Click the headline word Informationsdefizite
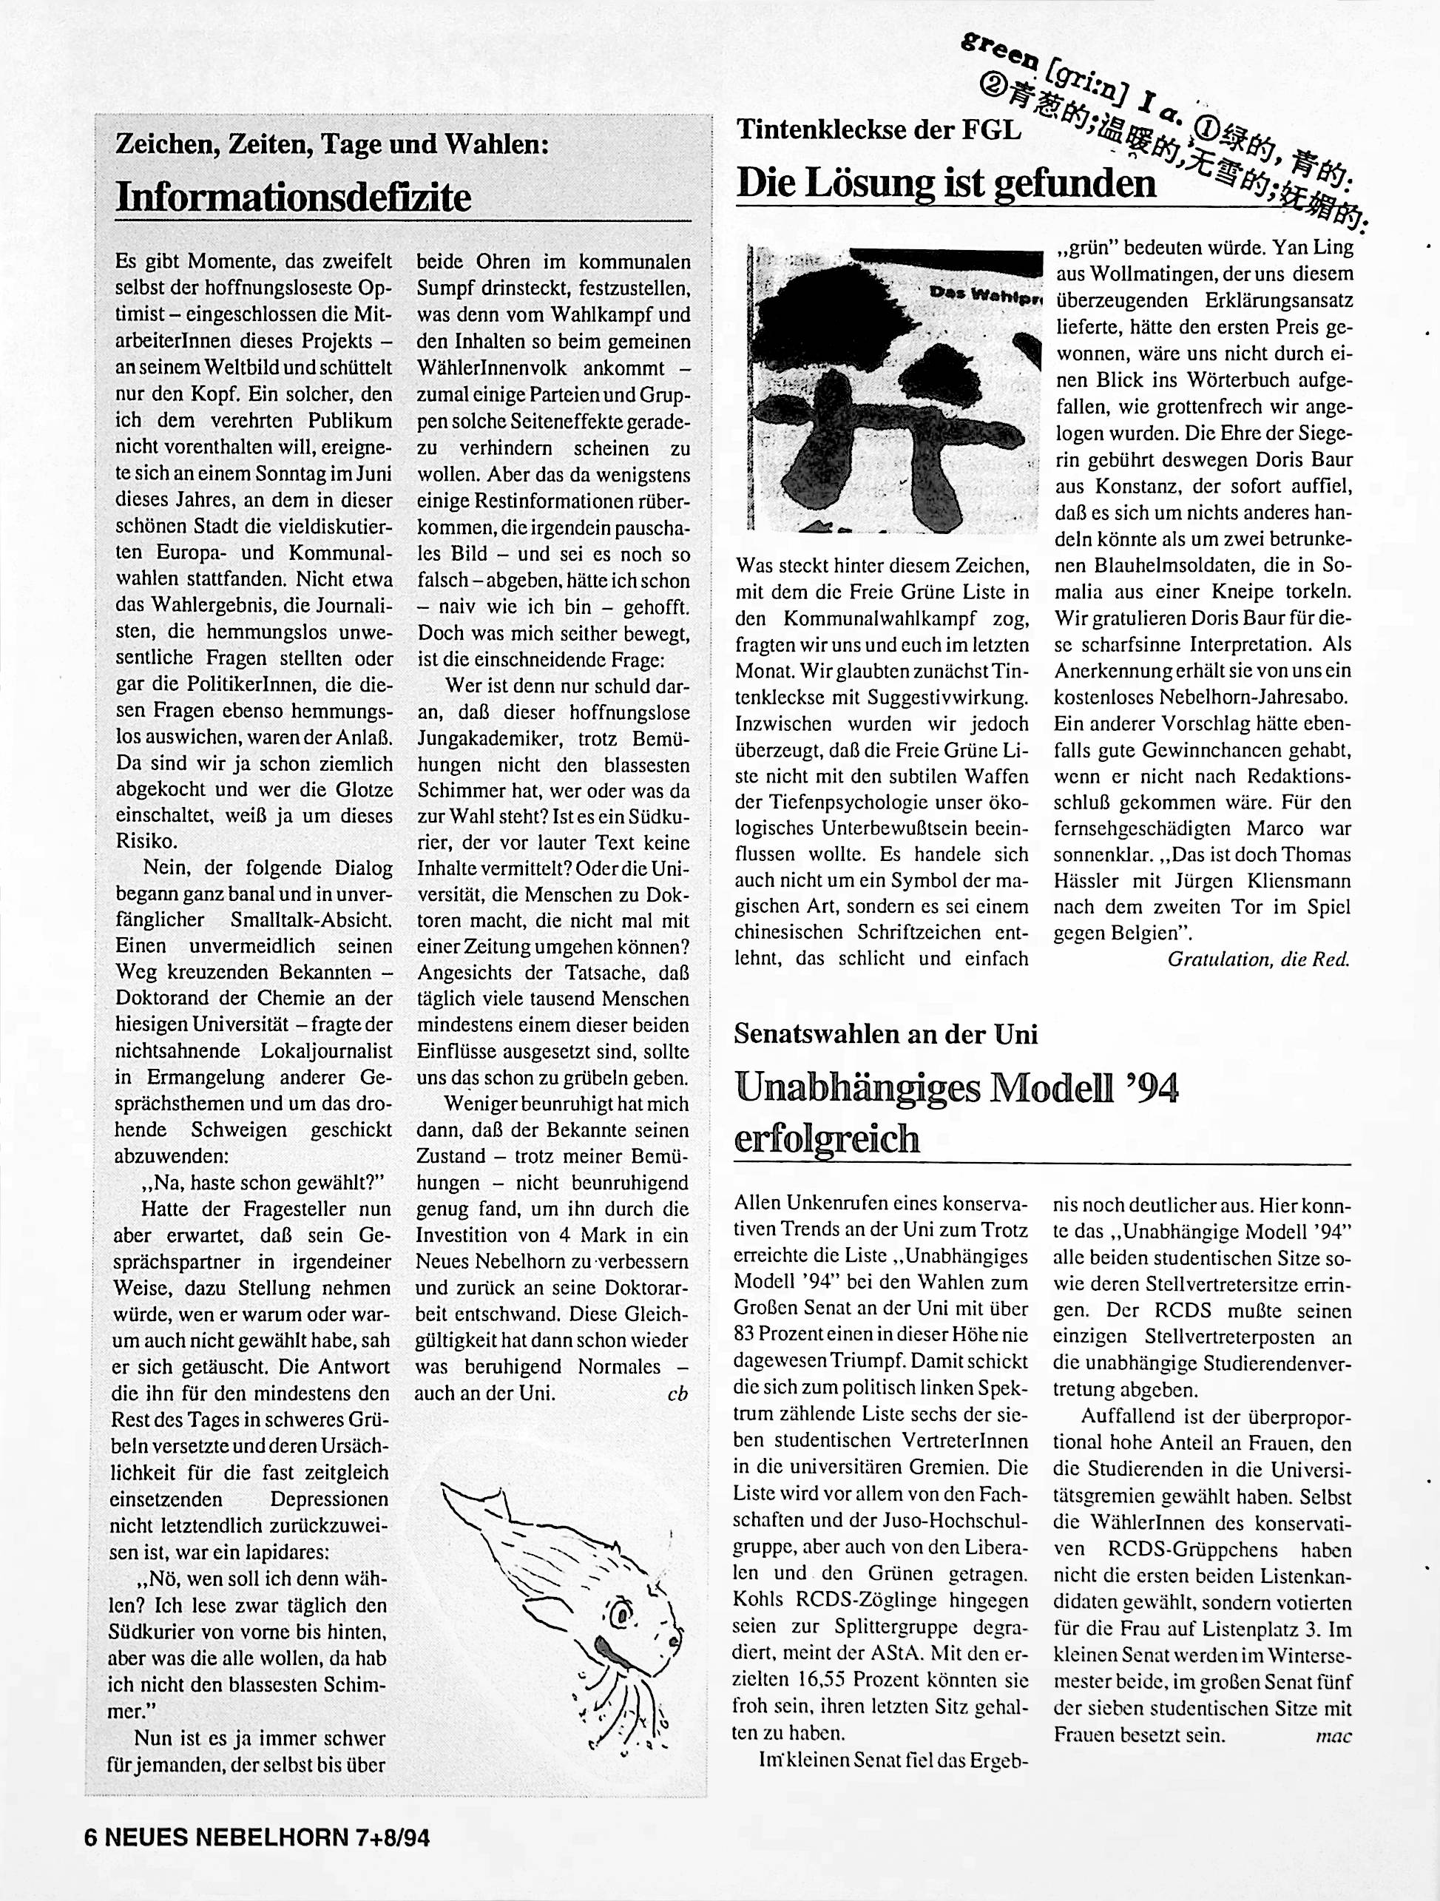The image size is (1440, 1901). point(293,197)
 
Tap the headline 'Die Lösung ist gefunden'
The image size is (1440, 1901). point(946,183)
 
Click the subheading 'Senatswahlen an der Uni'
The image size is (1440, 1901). point(886,1033)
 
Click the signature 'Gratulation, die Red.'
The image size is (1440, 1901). point(1259,960)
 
